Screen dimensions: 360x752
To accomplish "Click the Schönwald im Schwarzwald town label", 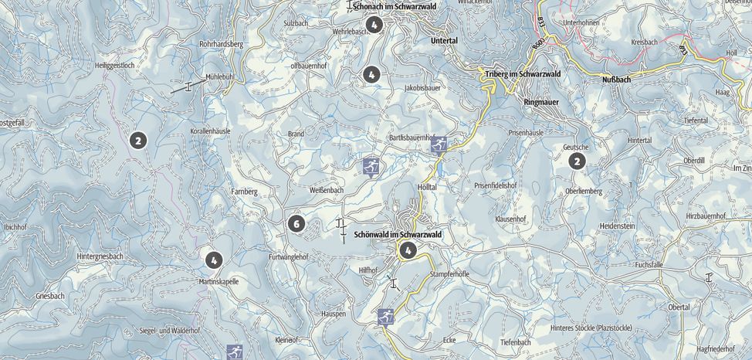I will point(397,234).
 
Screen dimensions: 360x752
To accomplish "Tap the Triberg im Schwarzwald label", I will point(522,74).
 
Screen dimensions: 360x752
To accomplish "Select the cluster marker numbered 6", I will point(295,224).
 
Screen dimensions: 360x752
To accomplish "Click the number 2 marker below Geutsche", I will point(577,161).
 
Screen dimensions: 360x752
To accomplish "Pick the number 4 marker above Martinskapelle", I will point(213,260).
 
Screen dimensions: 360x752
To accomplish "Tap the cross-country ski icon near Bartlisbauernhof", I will point(439,144).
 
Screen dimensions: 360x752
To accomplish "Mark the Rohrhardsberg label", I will point(221,45).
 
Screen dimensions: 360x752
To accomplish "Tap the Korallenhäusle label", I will point(210,132).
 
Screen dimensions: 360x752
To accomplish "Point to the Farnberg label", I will point(243,190).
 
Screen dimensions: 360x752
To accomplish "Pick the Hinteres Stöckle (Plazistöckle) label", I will point(591,328).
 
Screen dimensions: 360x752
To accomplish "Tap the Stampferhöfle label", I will point(449,274).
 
